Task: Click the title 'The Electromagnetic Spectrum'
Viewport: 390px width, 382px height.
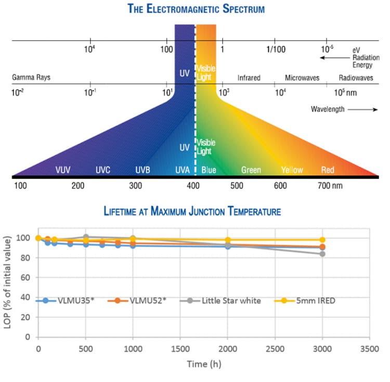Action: point(195,9)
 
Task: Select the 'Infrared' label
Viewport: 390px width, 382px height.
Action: point(249,78)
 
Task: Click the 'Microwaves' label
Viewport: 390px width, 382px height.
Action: point(301,78)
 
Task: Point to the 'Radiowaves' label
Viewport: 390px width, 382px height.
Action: point(356,78)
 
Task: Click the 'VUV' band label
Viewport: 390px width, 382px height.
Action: point(63,170)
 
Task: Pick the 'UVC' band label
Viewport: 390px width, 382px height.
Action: point(103,170)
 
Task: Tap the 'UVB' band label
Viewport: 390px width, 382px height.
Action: point(143,170)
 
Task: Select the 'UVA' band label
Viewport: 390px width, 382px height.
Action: point(183,170)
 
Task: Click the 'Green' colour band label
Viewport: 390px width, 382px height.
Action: point(251,170)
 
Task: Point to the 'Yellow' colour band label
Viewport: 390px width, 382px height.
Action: point(292,170)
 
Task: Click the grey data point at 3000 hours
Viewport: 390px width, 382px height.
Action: point(322,254)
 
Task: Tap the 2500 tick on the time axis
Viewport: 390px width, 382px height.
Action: point(274,347)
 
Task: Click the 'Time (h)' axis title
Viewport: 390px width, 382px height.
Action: point(204,364)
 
